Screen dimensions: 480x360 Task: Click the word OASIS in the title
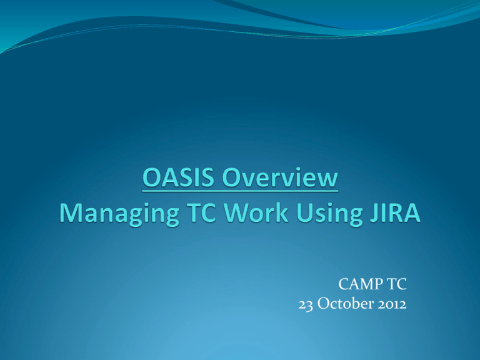pyautogui.click(x=178, y=177)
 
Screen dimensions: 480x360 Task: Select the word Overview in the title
pyautogui.click(x=280, y=177)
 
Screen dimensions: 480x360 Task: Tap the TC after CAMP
pyautogui.click(x=397, y=284)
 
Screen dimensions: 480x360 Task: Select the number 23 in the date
pyautogui.click(x=306, y=304)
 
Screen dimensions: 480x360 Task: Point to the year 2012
pyautogui.click(x=392, y=304)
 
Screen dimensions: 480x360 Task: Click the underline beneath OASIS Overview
pyautogui.click(x=240, y=191)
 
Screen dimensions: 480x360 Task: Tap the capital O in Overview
pyautogui.click(x=231, y=177)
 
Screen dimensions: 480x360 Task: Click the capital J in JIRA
pyautogui.click(x=374, y=212)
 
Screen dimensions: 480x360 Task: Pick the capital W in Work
pyautogui.click(x=237, y=212)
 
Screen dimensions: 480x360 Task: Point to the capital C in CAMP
pyautogui.click(x=344, y=284)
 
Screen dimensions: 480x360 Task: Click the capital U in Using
pyautogui.click(x=304, y=212)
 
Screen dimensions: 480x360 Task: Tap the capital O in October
pyautogui.click(x=323, y=304)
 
